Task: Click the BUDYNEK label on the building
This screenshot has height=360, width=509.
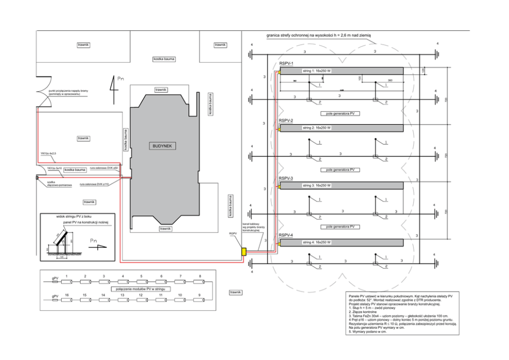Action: point(164,146)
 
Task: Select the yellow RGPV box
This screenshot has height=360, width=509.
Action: point(244,252)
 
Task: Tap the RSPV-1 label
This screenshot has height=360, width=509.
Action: point(286,63)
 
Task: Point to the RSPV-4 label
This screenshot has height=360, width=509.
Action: point(286,235)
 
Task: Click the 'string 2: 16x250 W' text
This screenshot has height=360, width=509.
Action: point(317,128)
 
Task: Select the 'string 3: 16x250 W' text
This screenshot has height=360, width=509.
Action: point(317,185)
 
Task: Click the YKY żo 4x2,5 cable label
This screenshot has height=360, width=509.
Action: point(49,153)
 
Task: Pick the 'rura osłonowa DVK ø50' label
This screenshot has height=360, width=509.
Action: point(104,168)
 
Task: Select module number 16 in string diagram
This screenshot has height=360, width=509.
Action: point(67,295)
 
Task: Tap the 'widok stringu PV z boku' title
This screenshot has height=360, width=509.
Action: point(73,216)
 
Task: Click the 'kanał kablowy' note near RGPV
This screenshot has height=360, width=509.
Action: point(253,227)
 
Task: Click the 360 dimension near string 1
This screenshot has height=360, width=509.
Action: point(390,81)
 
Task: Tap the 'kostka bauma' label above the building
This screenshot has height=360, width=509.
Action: point(164,59)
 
